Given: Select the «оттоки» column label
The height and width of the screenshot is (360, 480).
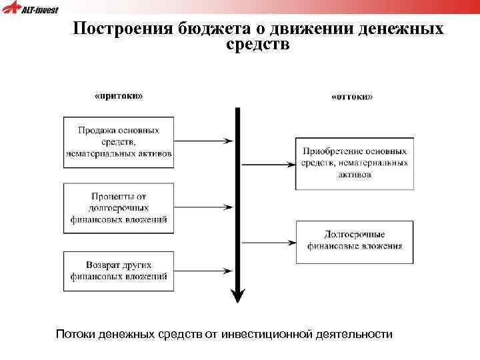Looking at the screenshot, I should tap(352, 97).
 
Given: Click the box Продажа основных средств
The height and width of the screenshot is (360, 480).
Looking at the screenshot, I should tap(119, 141).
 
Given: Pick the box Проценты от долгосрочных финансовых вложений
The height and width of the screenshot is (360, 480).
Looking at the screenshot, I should tap(119, 208).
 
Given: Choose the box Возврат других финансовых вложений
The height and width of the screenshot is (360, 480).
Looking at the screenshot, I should tap(119, 271).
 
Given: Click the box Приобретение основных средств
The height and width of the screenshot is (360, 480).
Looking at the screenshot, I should tap(354, 163).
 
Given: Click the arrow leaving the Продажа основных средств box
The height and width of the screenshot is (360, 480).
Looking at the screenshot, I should tap(203, 141).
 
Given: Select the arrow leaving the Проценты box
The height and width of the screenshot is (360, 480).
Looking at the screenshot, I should tap(203, 208).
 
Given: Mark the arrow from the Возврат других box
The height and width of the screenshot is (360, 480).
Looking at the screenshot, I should tap(203, 271).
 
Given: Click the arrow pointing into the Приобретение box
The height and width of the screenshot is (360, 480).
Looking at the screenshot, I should tap(267, 163).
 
